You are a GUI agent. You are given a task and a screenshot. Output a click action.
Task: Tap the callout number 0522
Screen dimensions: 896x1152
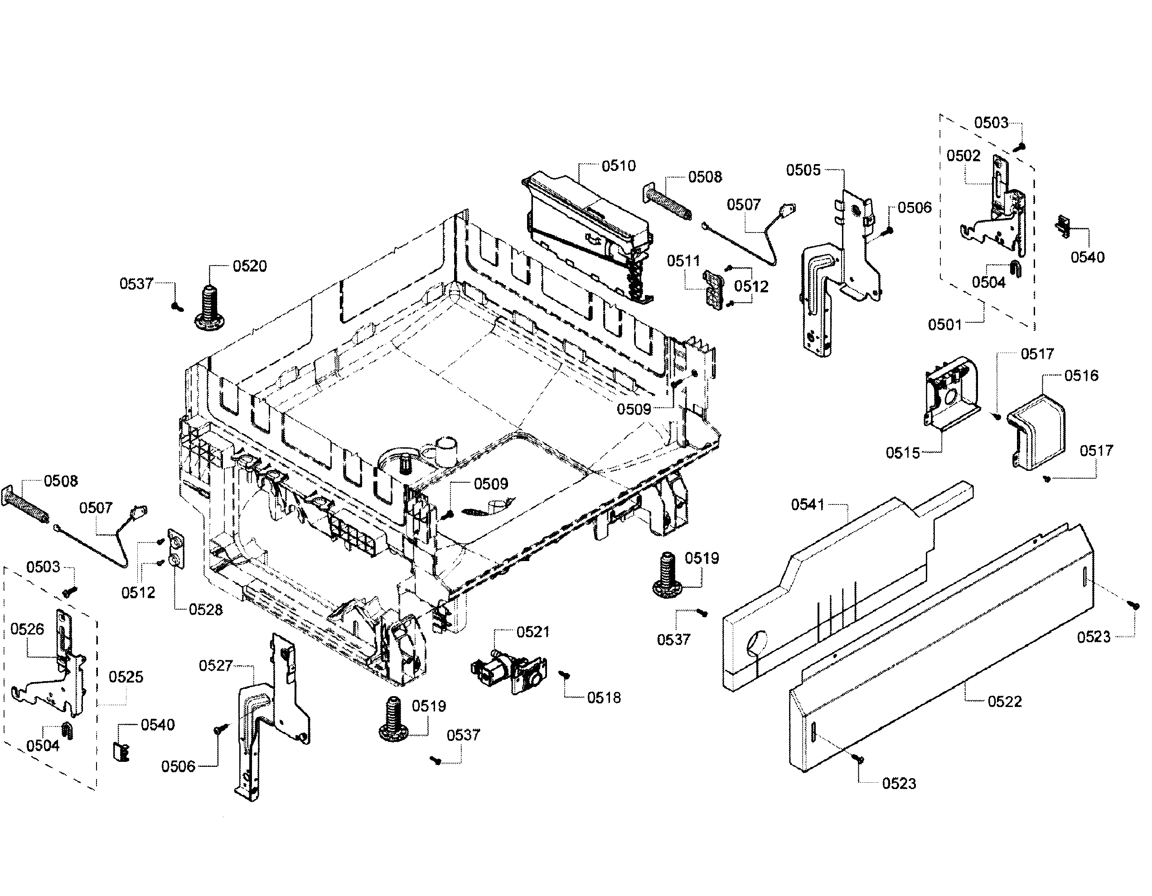[x=1005, y=702]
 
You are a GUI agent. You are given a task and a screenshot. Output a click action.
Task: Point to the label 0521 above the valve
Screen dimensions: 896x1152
[x=533, y=632]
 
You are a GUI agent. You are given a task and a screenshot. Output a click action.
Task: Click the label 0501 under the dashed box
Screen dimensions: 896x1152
[x=945, y=324]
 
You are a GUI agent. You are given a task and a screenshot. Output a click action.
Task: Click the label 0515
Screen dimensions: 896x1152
[x=902, y=452]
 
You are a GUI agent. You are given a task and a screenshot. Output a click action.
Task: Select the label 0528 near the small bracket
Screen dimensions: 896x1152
[x=206, y=610]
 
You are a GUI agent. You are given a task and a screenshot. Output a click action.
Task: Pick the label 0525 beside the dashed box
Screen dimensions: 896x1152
[x=126, y=677]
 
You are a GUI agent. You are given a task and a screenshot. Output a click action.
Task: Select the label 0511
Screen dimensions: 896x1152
[x=683, y=261]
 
